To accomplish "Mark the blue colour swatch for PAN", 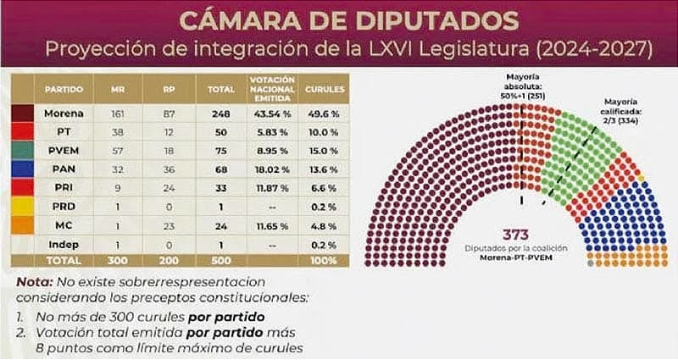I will pyautogui.click(x=20, y=170).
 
